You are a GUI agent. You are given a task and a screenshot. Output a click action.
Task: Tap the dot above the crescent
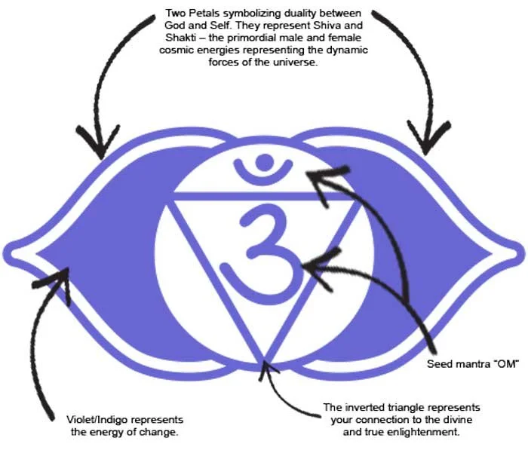coord(264,160)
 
